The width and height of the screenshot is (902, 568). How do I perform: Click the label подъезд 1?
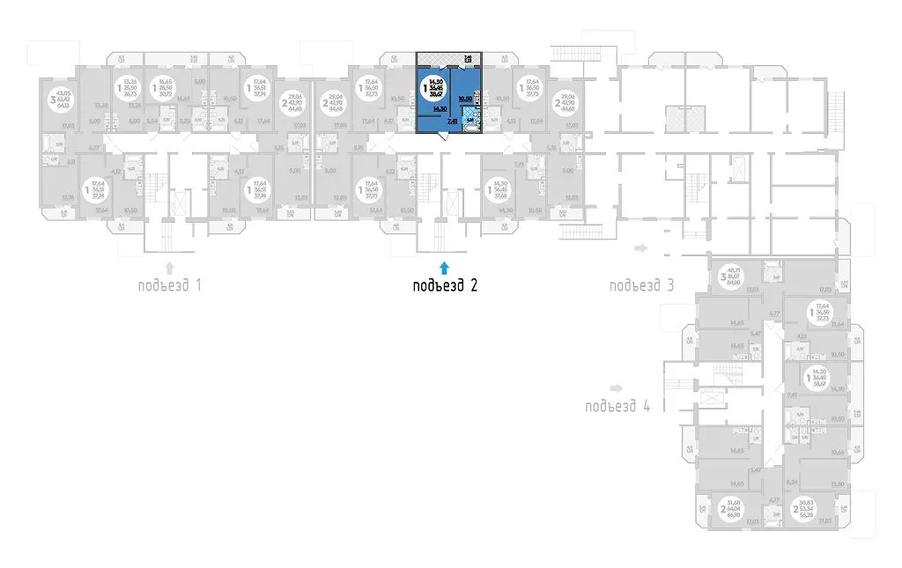(170, 285)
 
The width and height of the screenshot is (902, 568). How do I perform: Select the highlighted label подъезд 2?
(446, 285)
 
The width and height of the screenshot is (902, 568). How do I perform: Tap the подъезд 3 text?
(641, 285)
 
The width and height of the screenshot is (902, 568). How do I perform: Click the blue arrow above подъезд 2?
(445, 264)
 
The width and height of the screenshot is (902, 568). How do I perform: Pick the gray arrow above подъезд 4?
(616, 387)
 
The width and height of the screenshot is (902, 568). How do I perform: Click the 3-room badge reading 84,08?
(728, 277)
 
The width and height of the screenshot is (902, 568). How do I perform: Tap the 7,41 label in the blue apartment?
(452, 123)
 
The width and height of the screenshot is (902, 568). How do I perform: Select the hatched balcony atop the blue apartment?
(438, 61)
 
